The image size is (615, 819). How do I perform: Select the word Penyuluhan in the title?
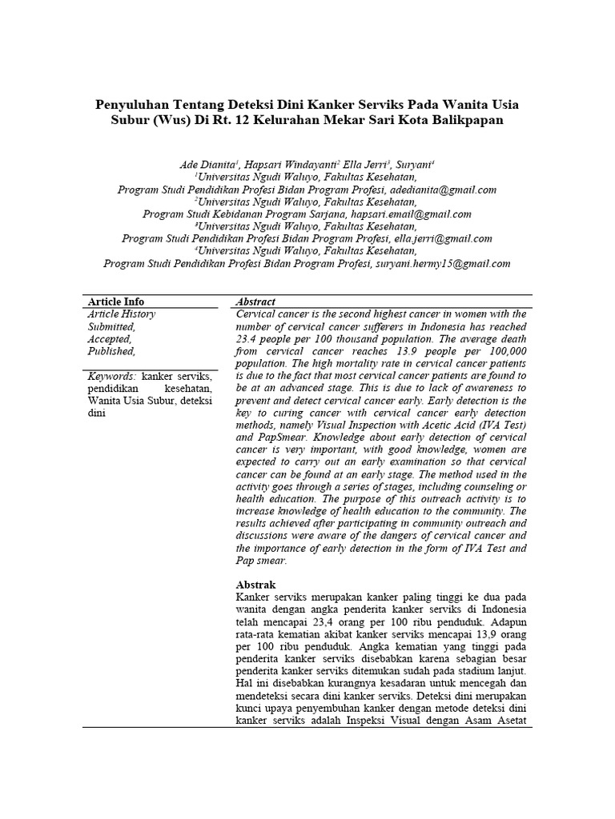click(x=135, y=104)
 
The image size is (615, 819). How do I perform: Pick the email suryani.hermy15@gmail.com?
click(x=442, y=263)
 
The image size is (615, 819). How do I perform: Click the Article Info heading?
click(x=116, y=302)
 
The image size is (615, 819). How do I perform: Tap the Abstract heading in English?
click(x=256, y=302)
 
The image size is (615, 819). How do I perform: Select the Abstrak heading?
click(x=256, y=585)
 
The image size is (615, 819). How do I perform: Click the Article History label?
click(x=122, y=314)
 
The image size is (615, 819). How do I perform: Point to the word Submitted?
click(x=111, y=326)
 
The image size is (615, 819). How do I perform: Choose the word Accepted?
click(x=109, y=339)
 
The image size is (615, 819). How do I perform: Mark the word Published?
click(x=111, y=351)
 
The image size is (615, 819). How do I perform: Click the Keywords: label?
click(x=112, y=376)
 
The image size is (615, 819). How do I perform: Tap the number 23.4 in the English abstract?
click(x=248, y=339)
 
